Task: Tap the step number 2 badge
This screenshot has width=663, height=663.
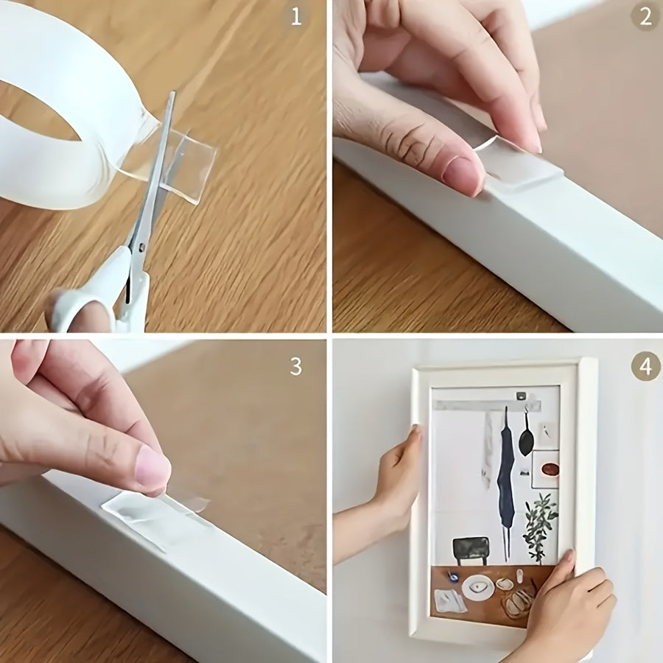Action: tap(645, 16)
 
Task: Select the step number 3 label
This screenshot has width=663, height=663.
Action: tap(295, 366)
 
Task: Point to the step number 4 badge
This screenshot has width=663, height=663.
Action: tap(645, 366)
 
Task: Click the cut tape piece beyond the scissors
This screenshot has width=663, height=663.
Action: tap(193, 166)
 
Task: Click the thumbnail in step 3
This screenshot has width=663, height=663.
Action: tap(153, 469)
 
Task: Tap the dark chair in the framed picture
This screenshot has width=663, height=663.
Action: tap(470, 549)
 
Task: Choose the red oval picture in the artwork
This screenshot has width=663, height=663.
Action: tap(550, 469)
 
